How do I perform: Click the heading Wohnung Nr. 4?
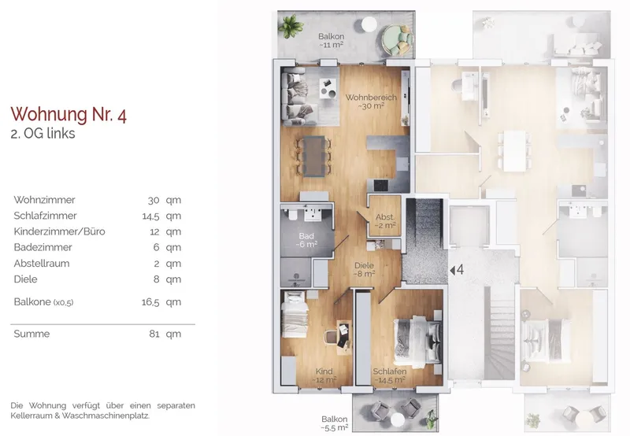69,114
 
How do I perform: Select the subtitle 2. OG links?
43,133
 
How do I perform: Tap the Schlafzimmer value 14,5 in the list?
150,216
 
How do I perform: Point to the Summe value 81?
154,334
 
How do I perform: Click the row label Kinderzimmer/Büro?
60,231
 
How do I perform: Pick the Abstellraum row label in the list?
42,264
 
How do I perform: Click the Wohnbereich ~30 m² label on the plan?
371,102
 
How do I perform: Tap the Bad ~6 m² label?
306,240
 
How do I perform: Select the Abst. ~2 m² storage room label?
385,221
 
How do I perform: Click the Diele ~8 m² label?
364,269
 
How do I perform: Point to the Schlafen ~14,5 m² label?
389,375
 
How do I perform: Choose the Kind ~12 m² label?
324,375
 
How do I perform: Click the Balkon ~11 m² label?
331,41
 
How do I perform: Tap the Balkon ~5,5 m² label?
334,423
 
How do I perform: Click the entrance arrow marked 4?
452,271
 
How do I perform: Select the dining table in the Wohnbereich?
314,156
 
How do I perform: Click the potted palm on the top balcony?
291,26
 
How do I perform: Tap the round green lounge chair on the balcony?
397,39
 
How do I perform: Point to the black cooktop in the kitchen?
381,185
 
